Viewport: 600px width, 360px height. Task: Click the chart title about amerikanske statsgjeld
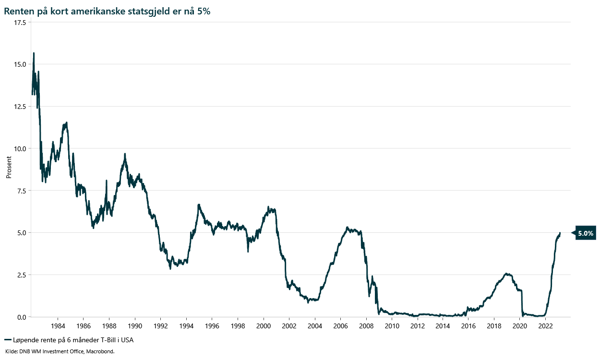point(107,12)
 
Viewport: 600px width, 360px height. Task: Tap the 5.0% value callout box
point(586,233)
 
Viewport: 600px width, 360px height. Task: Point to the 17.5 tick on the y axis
point(19,22)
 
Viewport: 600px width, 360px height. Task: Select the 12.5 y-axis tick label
point(19,107)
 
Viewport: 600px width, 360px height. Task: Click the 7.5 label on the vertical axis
point(21,191)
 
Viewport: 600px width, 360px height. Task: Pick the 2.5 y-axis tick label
point(21,275)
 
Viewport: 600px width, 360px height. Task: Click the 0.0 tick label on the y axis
point(21,317)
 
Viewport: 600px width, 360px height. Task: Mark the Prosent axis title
point(9,167)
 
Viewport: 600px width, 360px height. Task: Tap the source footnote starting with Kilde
point(60,351)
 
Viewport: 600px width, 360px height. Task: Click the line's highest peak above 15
point(34,53)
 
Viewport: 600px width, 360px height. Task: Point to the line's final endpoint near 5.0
point(560,233)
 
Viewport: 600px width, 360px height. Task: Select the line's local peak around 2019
point(507,274)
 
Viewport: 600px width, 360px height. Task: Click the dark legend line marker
point(7,340)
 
